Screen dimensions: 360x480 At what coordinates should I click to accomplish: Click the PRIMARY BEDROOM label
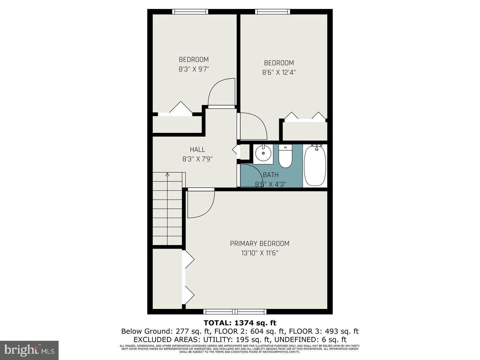(260, 244)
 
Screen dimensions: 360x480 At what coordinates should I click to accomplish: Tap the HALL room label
(197, 150)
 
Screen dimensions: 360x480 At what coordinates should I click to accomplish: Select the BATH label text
(270, 175)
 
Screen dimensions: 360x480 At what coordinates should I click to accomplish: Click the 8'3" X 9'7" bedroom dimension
(194, 69)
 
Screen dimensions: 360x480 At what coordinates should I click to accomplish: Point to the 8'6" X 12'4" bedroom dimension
(279, 72)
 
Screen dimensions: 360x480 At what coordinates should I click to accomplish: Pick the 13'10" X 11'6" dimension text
(260, 253)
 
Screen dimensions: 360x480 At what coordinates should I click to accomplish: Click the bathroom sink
(263, 153)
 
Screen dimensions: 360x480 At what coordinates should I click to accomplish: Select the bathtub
(315, 165)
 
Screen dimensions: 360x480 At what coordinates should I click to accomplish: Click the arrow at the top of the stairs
(167, 174)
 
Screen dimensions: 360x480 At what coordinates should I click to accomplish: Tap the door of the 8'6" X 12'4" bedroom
(253, 126)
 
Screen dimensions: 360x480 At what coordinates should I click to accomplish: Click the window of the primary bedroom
(235, 312)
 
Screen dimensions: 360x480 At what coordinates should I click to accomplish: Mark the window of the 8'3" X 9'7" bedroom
(190, 12)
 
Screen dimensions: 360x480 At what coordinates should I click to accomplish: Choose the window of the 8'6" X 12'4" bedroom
(272, 12)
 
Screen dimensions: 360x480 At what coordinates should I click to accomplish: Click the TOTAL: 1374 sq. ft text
(240, 323)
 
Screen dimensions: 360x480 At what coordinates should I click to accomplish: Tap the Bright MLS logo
(29, 350)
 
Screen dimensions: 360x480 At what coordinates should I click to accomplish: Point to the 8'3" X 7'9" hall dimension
(197, 159)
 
